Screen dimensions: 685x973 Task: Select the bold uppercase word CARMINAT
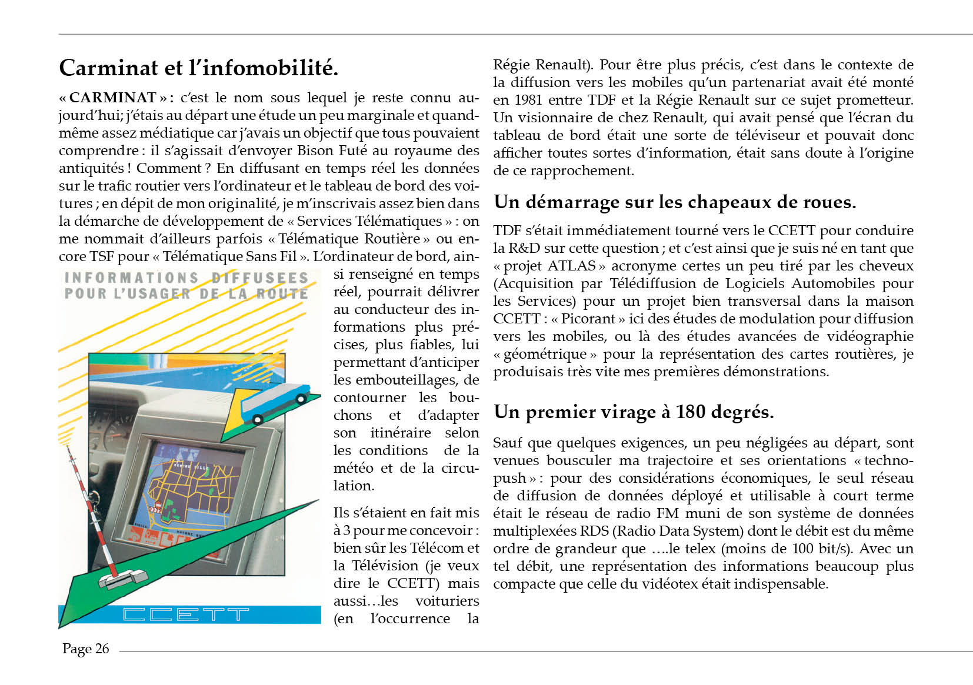pyautogui.click(x=112, y=98)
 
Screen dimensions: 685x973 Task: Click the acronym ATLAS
pyautogui.click(x=572, y=266)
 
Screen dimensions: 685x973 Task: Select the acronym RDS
pyautogui.click(x=594, y=531)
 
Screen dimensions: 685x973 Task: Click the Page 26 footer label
pyautogui.click(x=86, y=649)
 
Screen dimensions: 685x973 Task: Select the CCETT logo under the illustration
pyautogui.click(x=185, y=615)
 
